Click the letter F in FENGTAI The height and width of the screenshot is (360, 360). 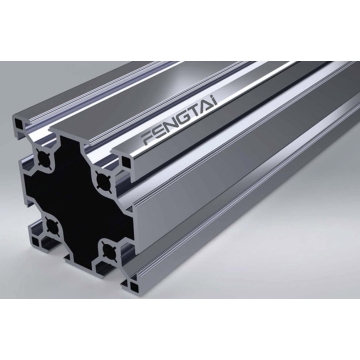pos(147,137)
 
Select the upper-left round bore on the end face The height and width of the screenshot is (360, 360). pos(44,158)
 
